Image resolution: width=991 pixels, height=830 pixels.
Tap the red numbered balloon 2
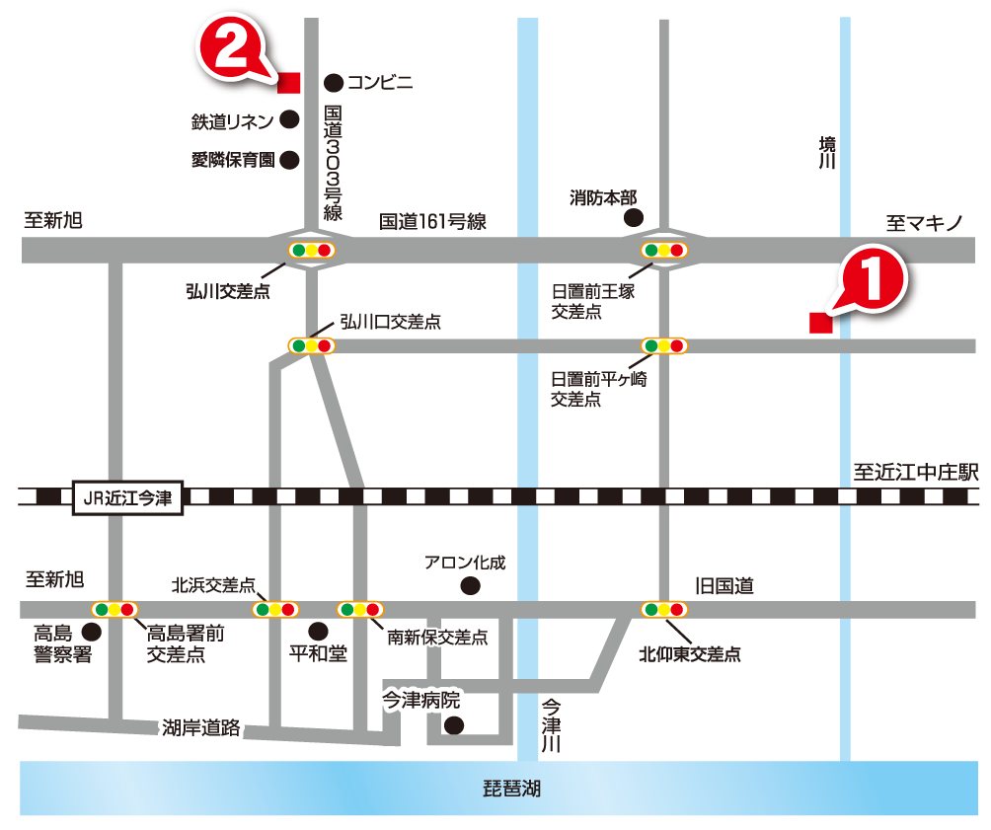[x=231, y=50]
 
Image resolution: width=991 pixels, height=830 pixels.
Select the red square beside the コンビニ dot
[x=289, y=82]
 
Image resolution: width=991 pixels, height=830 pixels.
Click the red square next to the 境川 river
[x=819, y=323]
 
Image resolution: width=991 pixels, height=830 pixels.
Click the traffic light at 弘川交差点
[x=311, y=250]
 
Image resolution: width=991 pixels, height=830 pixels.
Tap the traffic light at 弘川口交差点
[x=311, y=345]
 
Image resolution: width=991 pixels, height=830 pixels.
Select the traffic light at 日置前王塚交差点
[x=663, y=250]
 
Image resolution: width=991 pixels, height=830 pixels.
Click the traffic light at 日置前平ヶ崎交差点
[x=663, y=345]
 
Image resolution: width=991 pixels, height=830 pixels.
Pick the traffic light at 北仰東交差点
[x=663, y=609]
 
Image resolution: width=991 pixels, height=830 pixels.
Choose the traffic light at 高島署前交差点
[x=114, y=609]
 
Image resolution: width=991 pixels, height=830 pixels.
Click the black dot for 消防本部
[x=633, y=218]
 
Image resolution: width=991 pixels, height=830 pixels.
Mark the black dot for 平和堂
[x=317, y=631]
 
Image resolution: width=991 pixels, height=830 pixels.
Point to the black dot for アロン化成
[x=470, y=586]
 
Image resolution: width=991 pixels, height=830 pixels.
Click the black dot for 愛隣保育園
[x=290, y=159]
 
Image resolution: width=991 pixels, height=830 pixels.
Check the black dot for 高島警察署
[x=92, y=631]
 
